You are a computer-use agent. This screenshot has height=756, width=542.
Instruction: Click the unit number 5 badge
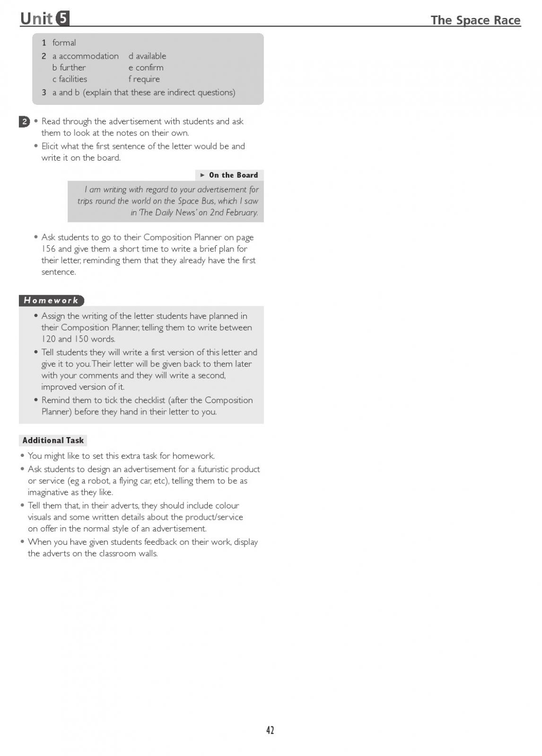coord(62,18)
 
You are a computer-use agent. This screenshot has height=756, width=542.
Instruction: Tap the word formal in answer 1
coord(64,43)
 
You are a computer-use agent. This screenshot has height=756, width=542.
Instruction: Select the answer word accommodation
coord(89,56)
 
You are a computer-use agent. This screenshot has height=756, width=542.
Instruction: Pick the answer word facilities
coord(73,79)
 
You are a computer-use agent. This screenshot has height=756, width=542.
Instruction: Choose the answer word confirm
coord(149,68)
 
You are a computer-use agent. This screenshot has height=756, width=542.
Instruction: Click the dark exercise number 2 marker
coord(24,122)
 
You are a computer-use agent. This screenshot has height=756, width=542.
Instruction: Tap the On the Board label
coord(233,175)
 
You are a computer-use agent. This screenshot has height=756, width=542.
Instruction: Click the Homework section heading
coord(51,300)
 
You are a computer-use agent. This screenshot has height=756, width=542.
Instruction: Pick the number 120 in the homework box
coord(49,339)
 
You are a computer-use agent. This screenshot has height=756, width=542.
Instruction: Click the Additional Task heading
coord(53,440)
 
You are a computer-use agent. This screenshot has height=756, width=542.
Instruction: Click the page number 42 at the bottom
coord(270,730)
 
